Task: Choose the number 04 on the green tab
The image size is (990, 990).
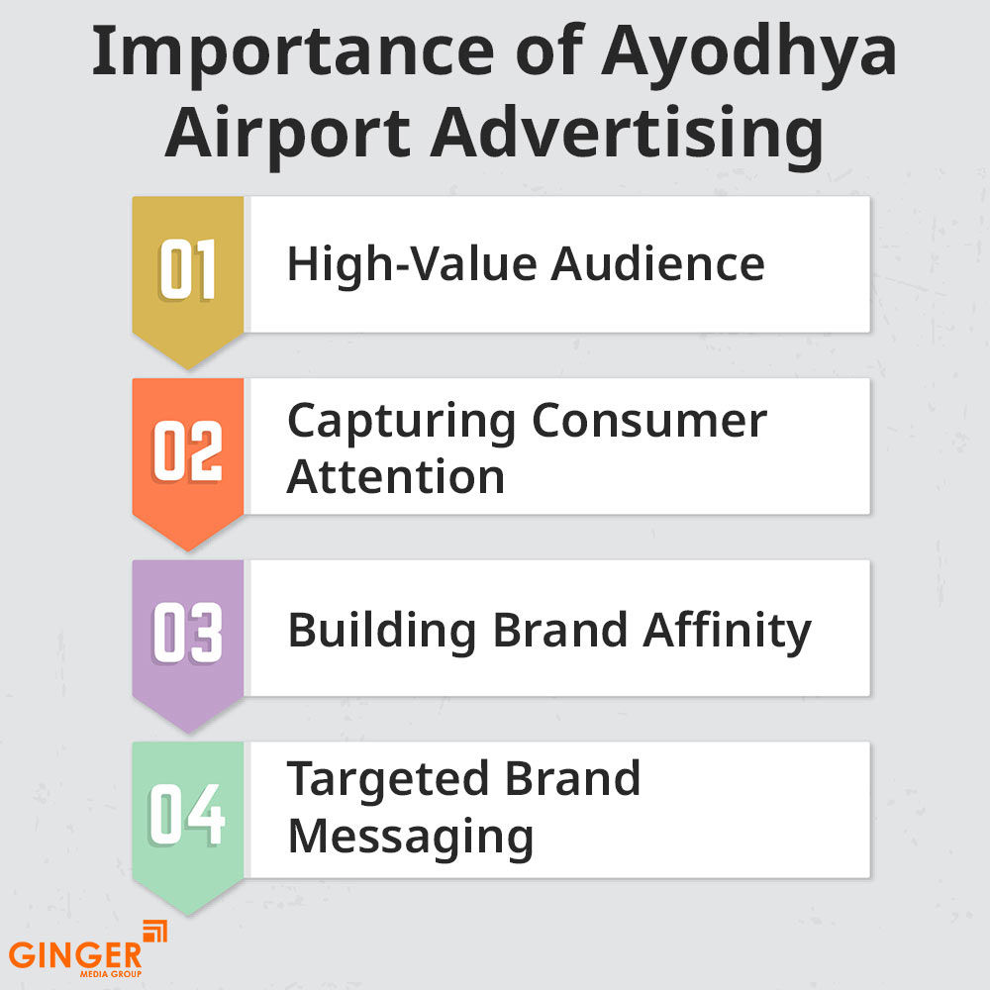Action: coord(188,814)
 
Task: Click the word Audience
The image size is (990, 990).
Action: coord(657,264)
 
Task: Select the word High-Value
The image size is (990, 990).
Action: coord(413,264)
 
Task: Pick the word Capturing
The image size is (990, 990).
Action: coord(402,421)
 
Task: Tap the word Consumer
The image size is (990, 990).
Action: coord(648,421)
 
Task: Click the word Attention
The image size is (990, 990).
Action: coord(396,476)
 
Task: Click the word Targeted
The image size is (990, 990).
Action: coord(390,779)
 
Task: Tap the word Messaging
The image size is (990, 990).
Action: coord(410,836)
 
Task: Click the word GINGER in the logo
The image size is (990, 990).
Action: coord(76,955)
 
